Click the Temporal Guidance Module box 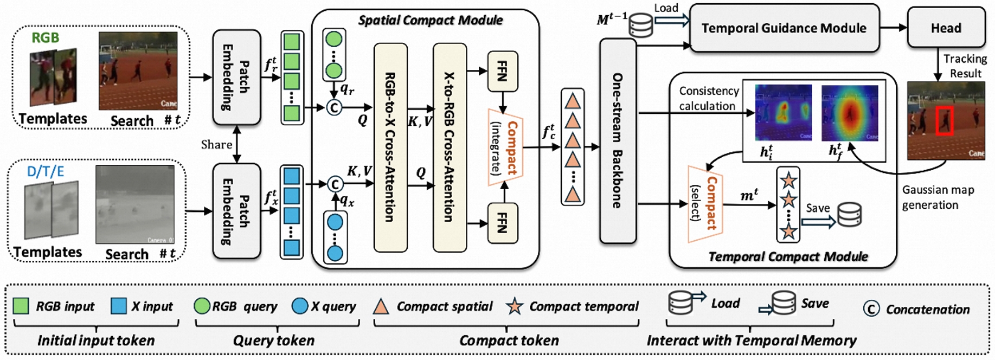784,28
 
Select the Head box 946,28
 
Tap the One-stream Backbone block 617,140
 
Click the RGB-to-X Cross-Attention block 390,147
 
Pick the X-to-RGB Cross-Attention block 449,147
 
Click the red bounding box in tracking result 944,120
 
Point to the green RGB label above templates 45,37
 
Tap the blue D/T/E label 46,172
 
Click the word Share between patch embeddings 216,145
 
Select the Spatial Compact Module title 431,21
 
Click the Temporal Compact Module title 788,256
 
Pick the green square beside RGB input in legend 21,306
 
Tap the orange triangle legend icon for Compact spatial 381,307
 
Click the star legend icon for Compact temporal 514,307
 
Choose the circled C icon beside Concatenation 871,309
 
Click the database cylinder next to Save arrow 849,215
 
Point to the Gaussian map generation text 938,197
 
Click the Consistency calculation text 709,98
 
